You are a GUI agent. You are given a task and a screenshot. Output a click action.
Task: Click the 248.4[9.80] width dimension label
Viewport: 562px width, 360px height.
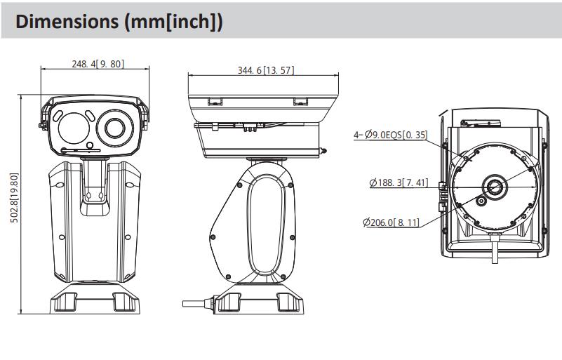tap(98, 63)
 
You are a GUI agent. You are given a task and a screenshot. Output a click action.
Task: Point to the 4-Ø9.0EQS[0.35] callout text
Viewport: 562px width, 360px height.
tap(392, 135)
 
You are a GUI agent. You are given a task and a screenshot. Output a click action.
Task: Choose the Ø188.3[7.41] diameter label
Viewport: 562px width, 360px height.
tap(398, 183)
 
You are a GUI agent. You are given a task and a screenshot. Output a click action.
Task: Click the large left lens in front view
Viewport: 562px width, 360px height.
tap(73, 128)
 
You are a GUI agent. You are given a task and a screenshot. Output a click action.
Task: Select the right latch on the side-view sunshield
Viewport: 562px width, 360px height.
tap(300, 101)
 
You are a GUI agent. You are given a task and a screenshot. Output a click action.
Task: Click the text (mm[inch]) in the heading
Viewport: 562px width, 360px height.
tap(172, 21)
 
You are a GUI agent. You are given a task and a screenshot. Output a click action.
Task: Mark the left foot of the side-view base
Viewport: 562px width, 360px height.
tap(229, 302)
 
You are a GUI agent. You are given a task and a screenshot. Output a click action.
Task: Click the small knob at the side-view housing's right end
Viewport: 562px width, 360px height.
tap(325, 149)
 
